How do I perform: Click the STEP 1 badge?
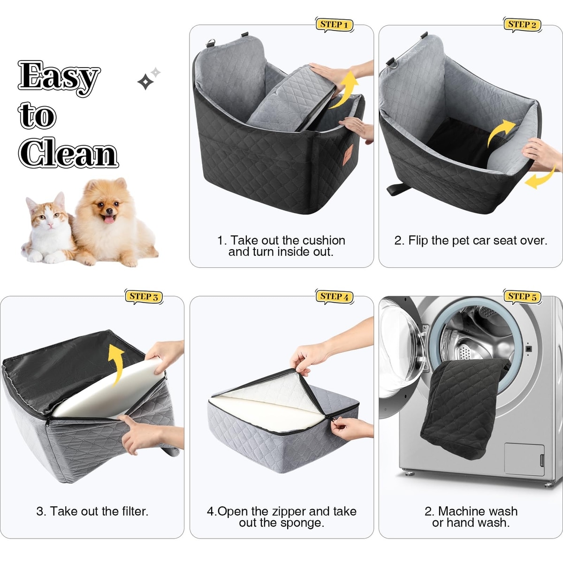coord(334,25)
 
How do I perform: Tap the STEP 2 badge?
coord(522,25)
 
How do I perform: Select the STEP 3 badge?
coord(144,297)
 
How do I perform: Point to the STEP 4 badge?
coord(334,297)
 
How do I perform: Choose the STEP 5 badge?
coord(522,297)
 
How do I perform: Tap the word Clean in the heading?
coord(68,152)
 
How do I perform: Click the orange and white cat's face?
coord(49,217)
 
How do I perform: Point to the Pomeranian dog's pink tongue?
coord(109,219)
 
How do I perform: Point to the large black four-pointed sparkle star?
coord(145,82)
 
